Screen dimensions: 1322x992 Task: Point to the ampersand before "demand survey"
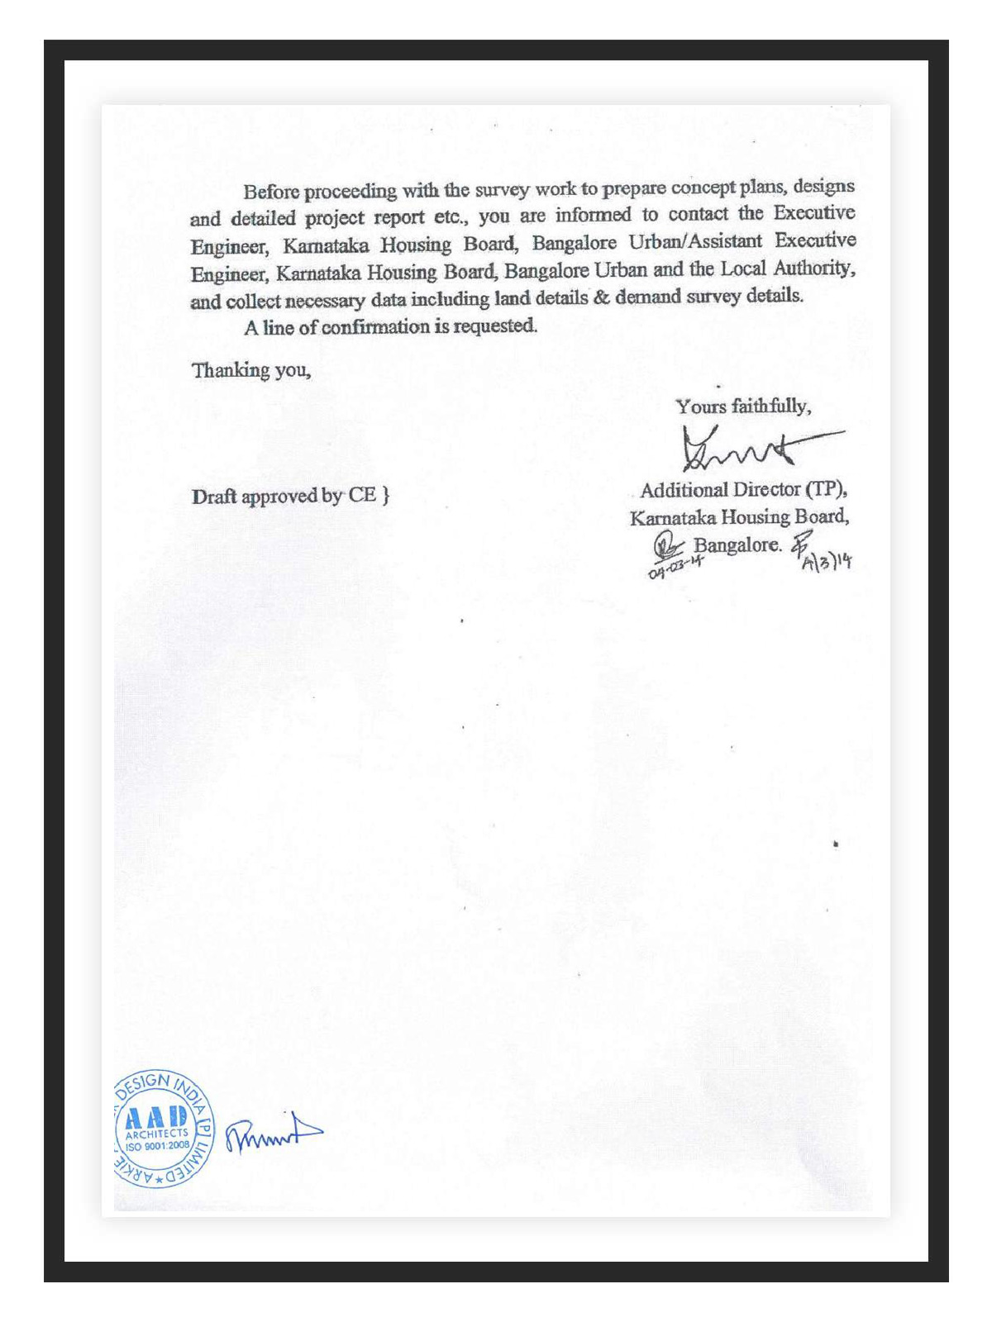tap(601, 297)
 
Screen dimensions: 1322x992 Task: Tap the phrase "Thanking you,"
tap(251, 370)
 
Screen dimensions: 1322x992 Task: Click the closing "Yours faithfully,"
tap(743, 407)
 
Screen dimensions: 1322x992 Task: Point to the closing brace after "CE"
tap(386, 495)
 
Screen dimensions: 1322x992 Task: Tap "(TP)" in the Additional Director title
tap(826, 489)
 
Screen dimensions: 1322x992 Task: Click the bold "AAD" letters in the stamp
tap(157, 1118)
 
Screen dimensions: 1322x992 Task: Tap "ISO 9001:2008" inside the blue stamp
tap(157, 1145)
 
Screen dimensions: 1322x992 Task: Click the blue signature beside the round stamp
tap(273, 1134)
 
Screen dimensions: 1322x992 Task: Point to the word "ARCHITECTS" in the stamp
tap(157, 1134)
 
